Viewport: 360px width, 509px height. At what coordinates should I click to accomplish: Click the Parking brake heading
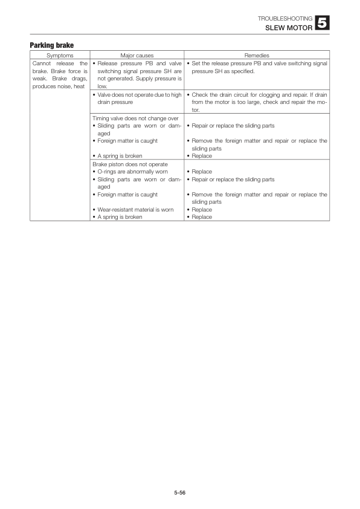(52, 45)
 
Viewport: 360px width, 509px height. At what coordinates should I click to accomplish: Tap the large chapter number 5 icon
(323, 24)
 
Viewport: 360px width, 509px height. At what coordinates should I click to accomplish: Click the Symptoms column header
(60, 55)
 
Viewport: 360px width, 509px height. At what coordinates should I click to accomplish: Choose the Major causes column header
(137, 55)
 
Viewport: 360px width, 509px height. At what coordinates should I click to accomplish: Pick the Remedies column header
(257, 55)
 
